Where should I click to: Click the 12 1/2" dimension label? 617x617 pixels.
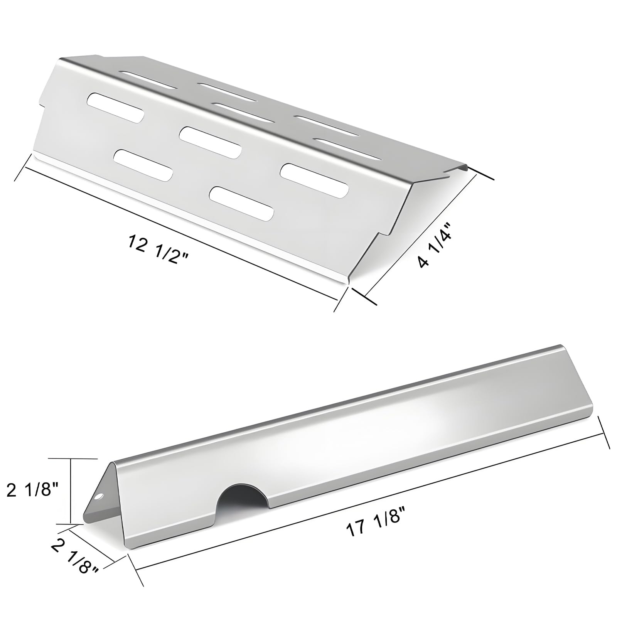pyautogui.click(x=158, y=250)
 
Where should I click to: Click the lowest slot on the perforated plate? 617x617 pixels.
pyautogui.click(x=241, y=204)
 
